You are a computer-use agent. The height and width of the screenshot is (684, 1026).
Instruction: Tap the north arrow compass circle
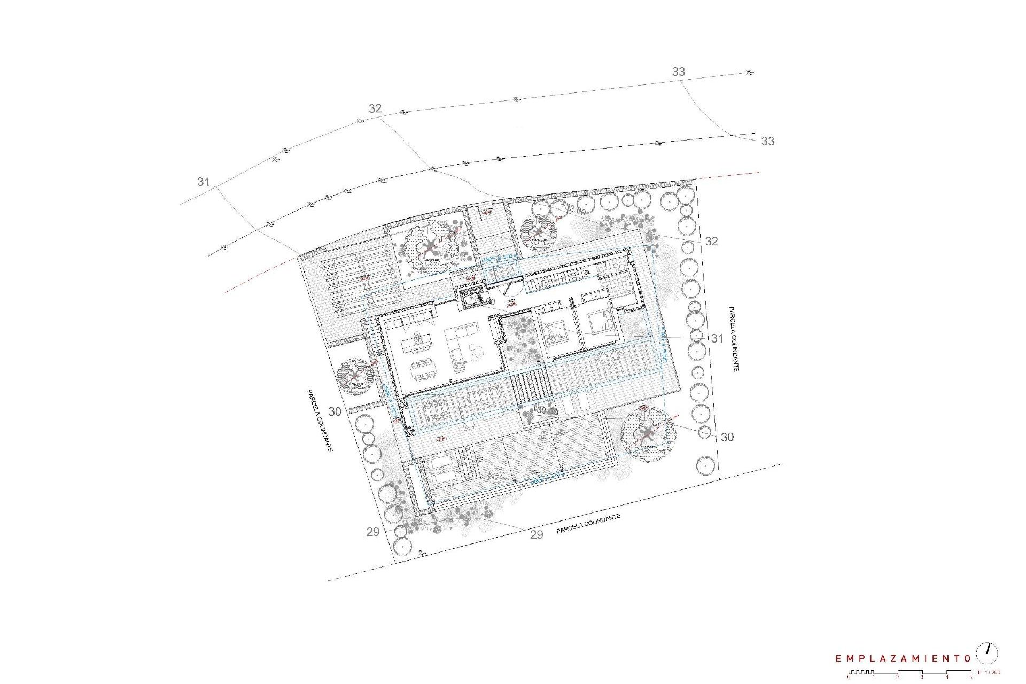(986, 653)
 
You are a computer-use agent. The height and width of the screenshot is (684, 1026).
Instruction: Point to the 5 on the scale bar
(971, 677)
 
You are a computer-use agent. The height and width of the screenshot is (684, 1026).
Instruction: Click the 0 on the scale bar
(849, 677)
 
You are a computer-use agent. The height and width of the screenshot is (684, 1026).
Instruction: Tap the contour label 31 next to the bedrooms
(717, 338)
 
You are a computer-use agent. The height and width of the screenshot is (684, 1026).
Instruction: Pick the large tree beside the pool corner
(648, 432)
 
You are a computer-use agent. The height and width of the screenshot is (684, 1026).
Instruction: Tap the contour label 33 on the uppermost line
(678, 72)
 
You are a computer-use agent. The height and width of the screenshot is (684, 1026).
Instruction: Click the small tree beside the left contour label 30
(356, 377)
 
